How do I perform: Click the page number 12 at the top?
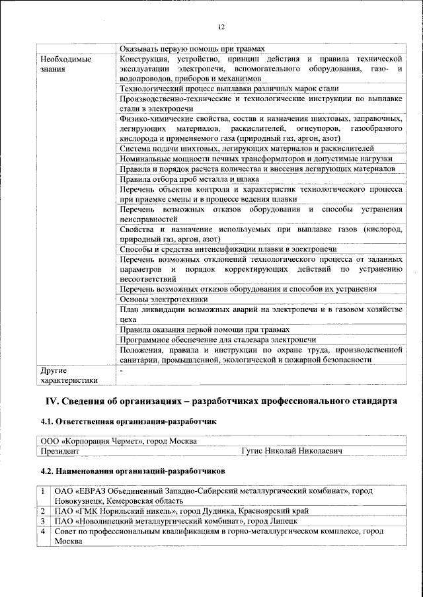(x=221, y=27)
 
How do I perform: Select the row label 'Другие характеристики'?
(x=69, y=375)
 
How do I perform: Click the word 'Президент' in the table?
(x=60, y=451)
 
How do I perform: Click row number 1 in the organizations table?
(x=42, y=491)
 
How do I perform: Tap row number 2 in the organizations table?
(x=42, y=511)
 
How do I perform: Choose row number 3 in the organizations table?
(x=42, y=521)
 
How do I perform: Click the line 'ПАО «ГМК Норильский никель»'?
(x=181, y=511)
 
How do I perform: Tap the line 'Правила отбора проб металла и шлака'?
(x=189, y=179)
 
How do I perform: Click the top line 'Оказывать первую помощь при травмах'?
(x=192, y=48)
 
